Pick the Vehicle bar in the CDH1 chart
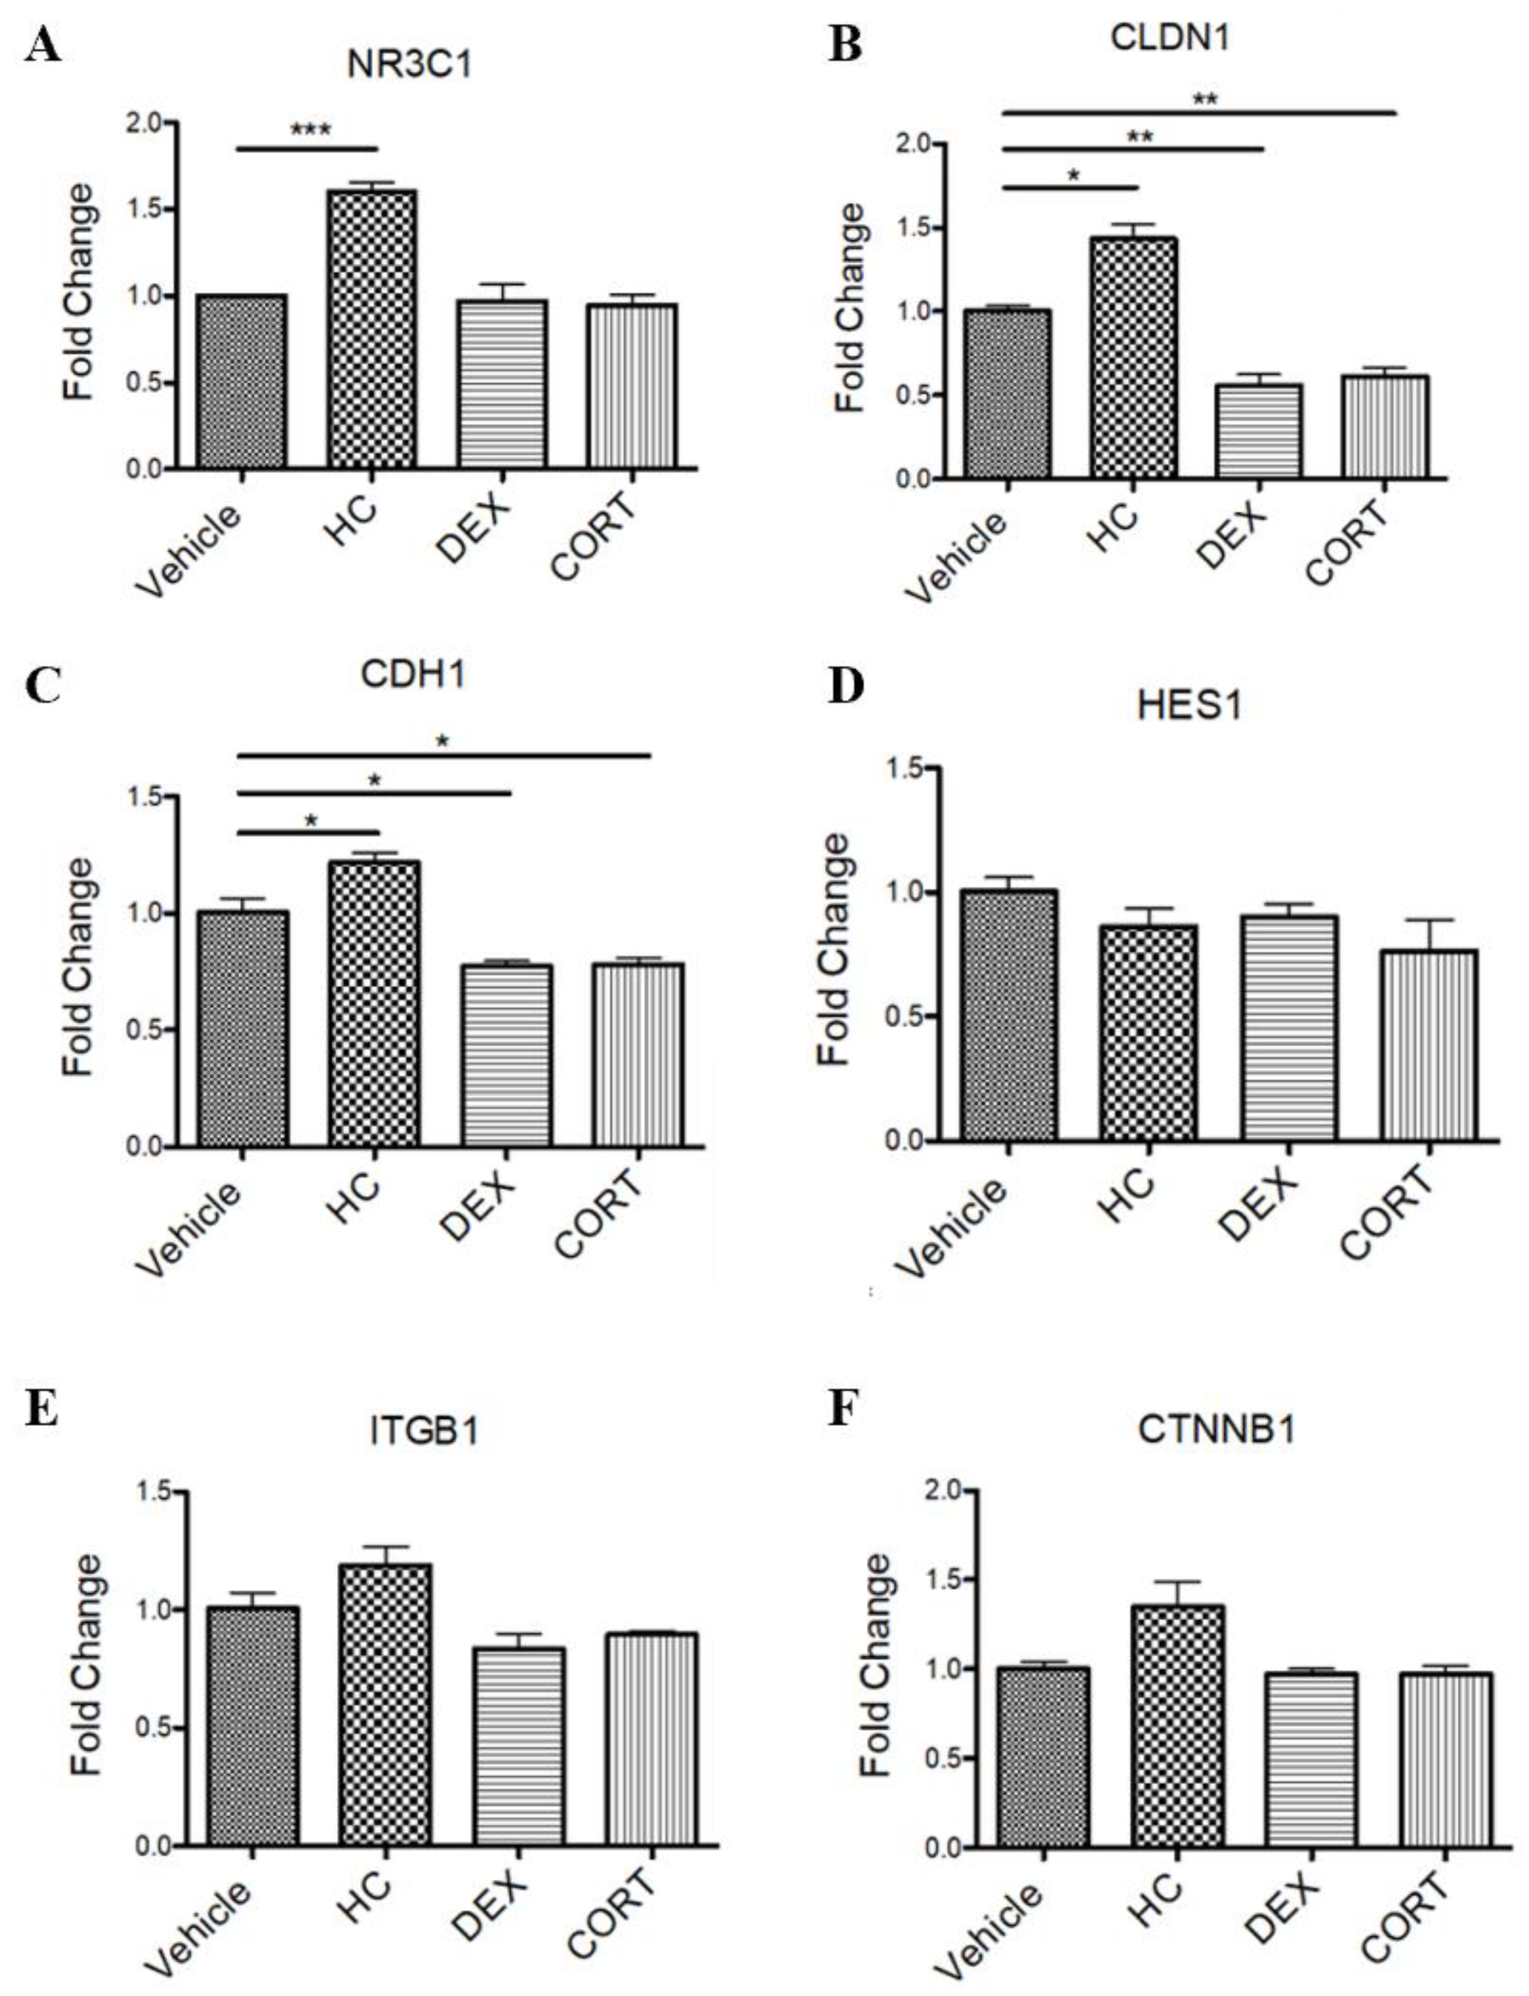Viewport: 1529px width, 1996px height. tap(242, 1028)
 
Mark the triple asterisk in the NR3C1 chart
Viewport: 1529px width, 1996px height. tap(310, 129)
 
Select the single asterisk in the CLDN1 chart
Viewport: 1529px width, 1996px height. tap(1074, 175)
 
